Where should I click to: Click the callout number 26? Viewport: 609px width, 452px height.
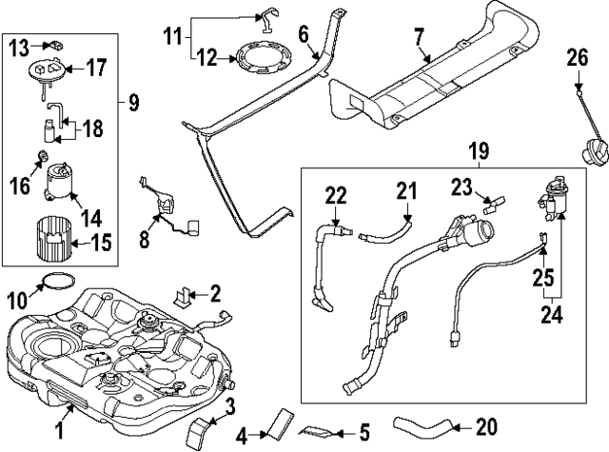(x=577, y=60)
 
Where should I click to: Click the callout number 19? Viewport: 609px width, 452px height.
(x=477, y=149)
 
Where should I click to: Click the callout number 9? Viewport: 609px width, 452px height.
(x=132, y=99)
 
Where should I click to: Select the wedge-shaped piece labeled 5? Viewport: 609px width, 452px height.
(x=318, y=427)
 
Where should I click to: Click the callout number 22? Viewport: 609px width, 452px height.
(x=333, y=195)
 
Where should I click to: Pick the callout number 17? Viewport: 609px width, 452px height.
(x=97, y=68)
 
